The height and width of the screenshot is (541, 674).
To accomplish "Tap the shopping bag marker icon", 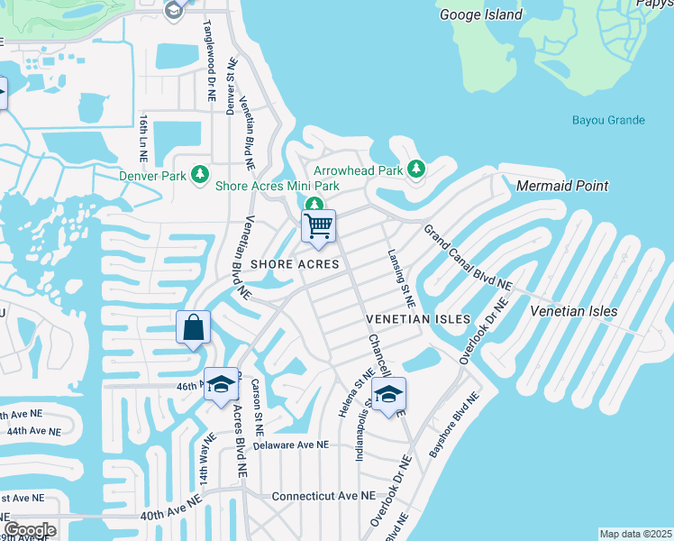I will [x=195, y=327].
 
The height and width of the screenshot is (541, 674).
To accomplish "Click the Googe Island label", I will [x=480, y=14].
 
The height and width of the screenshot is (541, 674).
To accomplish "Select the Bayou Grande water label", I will [x=608, y=120].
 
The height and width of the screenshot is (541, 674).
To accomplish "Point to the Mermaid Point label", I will [x=562, y=186].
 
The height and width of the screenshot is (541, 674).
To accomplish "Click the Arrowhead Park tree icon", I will [x=416, y=169].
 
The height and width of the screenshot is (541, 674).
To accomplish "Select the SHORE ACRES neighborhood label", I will [x=295, y=264].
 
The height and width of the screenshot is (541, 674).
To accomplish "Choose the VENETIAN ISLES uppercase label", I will [x=417, y=319].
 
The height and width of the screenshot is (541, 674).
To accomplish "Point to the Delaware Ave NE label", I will [x=290, y=445].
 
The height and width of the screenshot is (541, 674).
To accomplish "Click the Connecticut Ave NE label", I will [x=323, y=496].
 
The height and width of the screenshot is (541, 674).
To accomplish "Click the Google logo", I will [x=29, y=530].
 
